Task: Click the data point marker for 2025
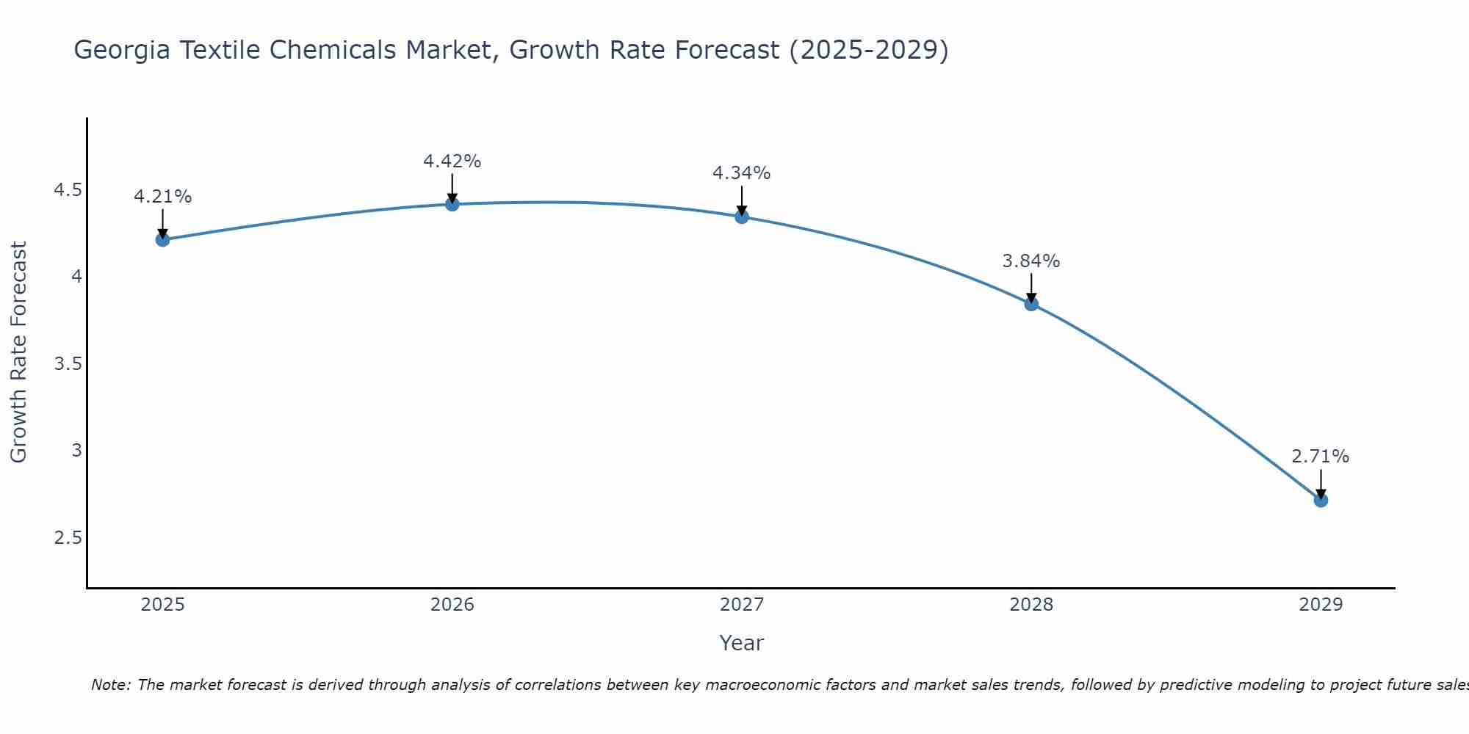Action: point(163,239)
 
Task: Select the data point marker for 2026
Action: point(452,204)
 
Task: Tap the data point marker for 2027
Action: point(742,217)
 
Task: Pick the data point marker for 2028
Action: point(1031,304)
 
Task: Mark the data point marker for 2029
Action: point(1321,500)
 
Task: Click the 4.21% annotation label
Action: point(163,197)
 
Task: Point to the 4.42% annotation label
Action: point(452,161)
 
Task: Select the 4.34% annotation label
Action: point(742,173)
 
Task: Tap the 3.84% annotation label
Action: point(1031,261)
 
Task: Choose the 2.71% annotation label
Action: point(1321,457)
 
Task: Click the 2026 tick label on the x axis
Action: point(452,605)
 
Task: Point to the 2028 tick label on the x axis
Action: point(1031,605)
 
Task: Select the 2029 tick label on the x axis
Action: point(1321,605)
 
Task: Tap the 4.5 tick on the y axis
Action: point(68,191)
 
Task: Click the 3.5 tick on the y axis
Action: point(68,365)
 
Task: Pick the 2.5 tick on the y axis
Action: point(68,538)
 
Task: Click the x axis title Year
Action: point(742,643)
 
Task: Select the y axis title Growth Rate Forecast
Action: point(19,352)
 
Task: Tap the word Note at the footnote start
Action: point(110,685)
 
